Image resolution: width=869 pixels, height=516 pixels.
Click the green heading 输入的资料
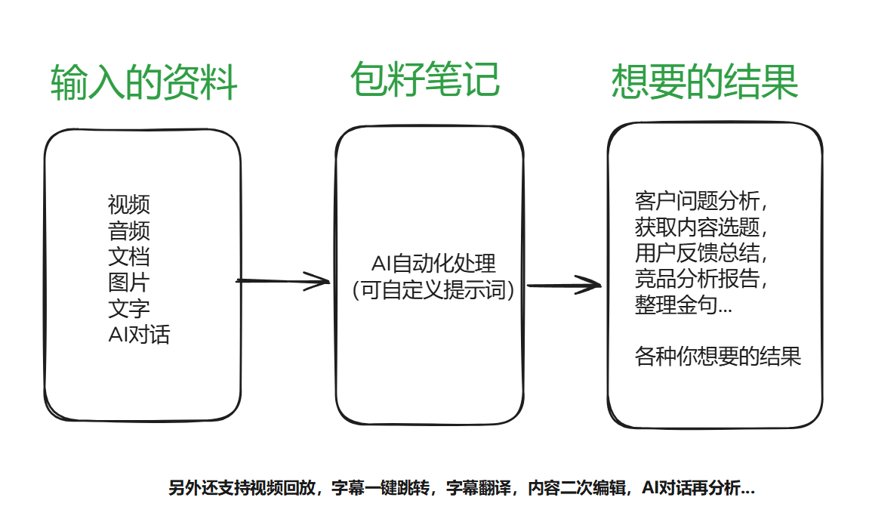[x=144, y=82]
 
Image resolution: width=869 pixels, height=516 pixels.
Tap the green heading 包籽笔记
[x=424, y=79]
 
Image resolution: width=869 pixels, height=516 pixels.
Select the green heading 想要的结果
[x=704, y=82]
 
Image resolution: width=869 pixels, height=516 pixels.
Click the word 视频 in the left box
[x=129, y=204]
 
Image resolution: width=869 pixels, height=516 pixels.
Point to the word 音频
[x=129, y=230]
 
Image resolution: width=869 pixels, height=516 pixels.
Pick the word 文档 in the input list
[x=129, y=256]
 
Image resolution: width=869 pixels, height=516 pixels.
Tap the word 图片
[x=129, y=283]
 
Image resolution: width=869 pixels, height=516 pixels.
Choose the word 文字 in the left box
[x=129, y=308]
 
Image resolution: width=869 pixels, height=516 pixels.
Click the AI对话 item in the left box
[x=139, y=334]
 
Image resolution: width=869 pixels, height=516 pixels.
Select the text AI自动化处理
[x=433, y=264]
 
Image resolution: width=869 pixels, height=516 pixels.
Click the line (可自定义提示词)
[x=433, y=290]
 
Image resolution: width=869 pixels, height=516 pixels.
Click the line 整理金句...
[x=683, y=306]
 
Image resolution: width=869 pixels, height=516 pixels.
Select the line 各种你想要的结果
[x=718, y=356]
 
